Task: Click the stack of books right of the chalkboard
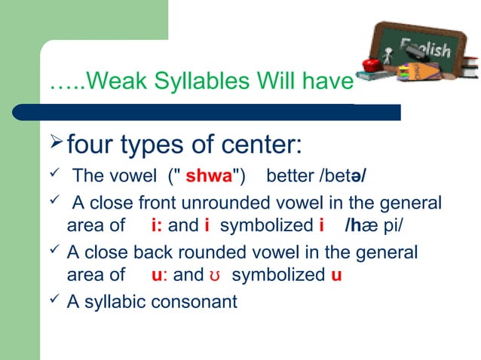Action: click(466, 69)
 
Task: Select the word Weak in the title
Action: click(111, 79)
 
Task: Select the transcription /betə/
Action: click(345, 177)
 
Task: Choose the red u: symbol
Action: click(159, 275)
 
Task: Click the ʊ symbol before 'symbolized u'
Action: click(214, 276)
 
